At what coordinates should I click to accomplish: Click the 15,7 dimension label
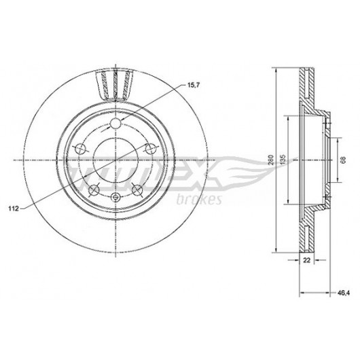[x=194, y=85]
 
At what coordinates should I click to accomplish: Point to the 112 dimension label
[x=14, y=209]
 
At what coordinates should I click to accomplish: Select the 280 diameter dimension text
[x=271, y=160]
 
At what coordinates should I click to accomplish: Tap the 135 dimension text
[x=283, y=160]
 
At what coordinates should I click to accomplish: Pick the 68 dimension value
[x=343, y=160]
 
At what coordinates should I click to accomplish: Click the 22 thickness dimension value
[x=307, y=260]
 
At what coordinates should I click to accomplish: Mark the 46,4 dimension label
[x=344, y=293]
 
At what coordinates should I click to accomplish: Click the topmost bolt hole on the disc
[x=115, y=124]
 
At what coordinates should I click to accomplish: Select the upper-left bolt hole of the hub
[x=80, y=149]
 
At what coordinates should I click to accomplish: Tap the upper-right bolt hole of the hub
[x=151, y=149]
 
